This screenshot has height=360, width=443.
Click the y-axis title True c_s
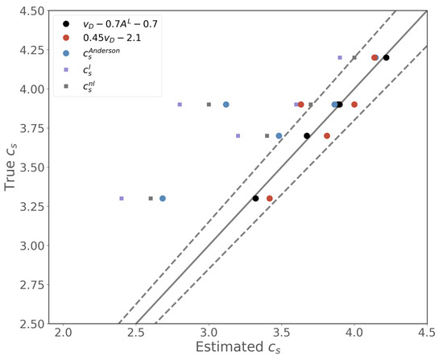pos(11,166)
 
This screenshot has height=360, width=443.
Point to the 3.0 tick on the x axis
pos(209,332)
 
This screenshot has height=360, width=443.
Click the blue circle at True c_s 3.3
pos(163,198)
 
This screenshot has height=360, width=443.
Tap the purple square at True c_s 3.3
pos(122,198)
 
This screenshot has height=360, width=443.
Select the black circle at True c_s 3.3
pos(255,198)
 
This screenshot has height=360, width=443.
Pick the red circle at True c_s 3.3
pos(270,198)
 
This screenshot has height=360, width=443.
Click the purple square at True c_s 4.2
pos(340,58)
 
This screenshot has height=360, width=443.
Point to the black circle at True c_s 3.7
pos(307,136)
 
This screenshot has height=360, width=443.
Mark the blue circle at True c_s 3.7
pos(279,136)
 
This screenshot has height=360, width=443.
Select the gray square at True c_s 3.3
pos(151,198)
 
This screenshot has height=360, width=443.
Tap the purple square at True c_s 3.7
pos(238,136)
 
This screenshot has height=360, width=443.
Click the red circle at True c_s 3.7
pos(327,136)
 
